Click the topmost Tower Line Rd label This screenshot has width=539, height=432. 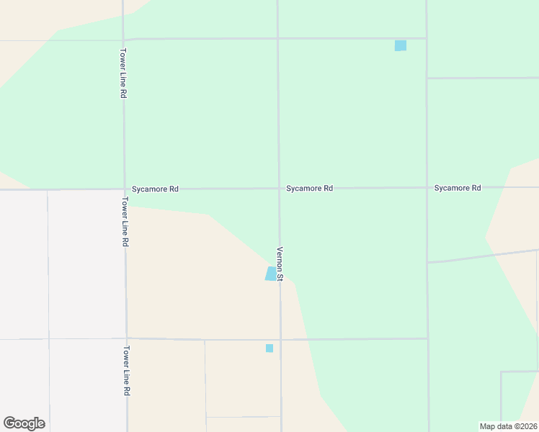coord(124,73)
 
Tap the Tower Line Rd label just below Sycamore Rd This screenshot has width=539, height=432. coord(125,223)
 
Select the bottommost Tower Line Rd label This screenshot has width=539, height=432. coord(126,371)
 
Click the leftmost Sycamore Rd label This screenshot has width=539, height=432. coord(155,189)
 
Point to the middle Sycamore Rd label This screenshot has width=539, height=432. coord(309,189)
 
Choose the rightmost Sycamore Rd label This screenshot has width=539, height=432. coord(457,188)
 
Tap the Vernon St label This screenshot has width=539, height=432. coord(280,264)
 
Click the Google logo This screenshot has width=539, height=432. coord(24,423)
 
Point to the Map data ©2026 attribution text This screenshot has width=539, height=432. coord(509,426)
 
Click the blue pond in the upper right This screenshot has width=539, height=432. coord(401,45)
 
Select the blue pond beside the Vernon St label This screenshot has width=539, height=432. coord(271,274)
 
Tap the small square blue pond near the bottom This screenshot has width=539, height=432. coord(269,348)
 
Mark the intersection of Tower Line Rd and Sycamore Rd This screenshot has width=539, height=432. coord(124,189)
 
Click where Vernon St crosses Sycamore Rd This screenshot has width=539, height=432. coord(279,189)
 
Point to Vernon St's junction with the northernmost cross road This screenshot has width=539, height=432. coord(278,38)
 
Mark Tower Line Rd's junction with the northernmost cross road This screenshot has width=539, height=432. coord(123,39)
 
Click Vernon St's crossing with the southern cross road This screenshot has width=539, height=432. coord(280,339)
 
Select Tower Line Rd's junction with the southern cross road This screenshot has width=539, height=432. coord(126,338)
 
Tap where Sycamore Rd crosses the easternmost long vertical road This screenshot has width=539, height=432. coord(427,188)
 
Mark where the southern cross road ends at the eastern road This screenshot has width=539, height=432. coord(427,338)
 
